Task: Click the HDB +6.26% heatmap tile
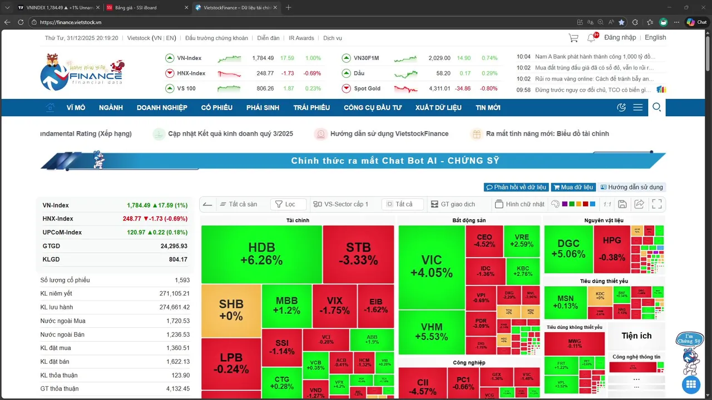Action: pos(261,254)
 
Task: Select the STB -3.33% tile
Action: pos(358,254)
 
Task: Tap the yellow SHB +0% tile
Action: pos(231,310)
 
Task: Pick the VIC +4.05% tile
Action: pos(431,266)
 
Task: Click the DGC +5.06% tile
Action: pos(568,248)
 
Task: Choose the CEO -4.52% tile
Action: pos(484,241)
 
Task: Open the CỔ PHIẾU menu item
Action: pos(217,108)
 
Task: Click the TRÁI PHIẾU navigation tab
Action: pos(311,108)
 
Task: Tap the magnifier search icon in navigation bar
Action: pos(656,107)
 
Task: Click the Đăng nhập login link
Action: pos(620,38)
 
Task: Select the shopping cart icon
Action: pos(573,38)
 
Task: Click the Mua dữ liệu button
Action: pos(573,187)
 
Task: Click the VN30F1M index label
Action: pos(366,58)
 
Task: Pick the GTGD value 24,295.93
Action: pos(174,246)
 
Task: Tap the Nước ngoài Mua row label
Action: pos(63,321)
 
